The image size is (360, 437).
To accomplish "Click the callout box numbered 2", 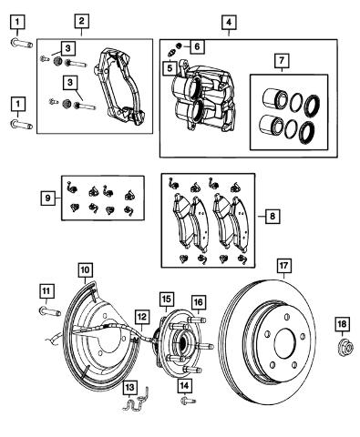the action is pos(82,21).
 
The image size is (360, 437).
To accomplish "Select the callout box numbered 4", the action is pos(229,22).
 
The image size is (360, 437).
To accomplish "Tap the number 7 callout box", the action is pos(282,60).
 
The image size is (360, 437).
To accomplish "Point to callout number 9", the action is pos(48,198).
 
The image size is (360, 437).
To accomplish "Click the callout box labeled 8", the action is pos(273,216).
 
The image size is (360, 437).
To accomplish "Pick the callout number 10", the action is pos(86,269).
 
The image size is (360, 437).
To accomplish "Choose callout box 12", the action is pos(141,317).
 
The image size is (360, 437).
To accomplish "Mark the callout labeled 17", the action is pos(283,266).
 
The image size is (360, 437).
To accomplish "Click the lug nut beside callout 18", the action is pos(345,349).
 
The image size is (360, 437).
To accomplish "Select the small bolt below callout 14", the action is pos(188,401).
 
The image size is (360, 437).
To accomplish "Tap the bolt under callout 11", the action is pos(50,311).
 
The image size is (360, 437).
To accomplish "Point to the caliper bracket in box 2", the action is pos(119,86).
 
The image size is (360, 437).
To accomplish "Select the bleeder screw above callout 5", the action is pos(172,54).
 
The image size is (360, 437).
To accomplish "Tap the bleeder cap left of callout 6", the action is pos(179,46).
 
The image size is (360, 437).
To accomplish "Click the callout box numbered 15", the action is pos(167,300).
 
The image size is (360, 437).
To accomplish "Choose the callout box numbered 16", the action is pos(198,302).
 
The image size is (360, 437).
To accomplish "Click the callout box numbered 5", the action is pos(170,68).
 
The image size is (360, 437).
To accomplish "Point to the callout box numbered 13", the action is pos(129,388).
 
